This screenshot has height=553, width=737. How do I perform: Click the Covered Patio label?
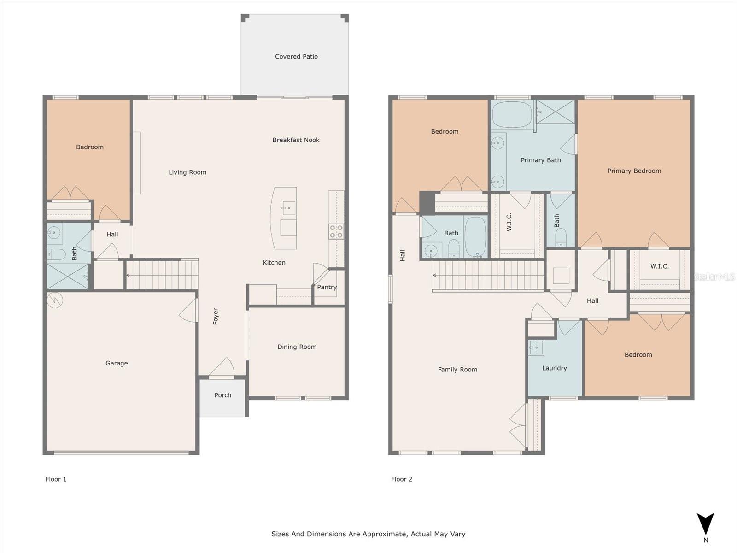pos(296,56)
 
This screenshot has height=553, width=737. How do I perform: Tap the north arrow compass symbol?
pos(705,525)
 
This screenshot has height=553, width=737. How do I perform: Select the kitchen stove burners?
pos(336,231)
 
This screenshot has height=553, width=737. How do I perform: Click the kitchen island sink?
pos(288,208)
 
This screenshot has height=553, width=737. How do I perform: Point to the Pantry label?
pos(327,287)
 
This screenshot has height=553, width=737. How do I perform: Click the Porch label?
pos(222,395)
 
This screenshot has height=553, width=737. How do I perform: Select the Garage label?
pos(117,363)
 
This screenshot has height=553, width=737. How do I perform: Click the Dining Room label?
pos(297,347)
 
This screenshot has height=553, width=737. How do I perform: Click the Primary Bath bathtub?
pos(511,114)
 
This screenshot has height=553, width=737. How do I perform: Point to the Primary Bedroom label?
pos(634,171)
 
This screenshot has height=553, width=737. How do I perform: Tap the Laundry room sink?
pos(536,347)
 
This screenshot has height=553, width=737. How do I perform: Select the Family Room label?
pos(457,369)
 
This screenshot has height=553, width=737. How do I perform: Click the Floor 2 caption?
pos(401,479)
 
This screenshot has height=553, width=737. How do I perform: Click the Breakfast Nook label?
pos(296,140)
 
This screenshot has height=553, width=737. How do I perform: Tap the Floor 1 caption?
pos(56,479)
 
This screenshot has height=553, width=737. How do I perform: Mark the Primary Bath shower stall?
pos(555,112)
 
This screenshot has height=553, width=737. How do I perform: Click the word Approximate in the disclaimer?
pos(384,534)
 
